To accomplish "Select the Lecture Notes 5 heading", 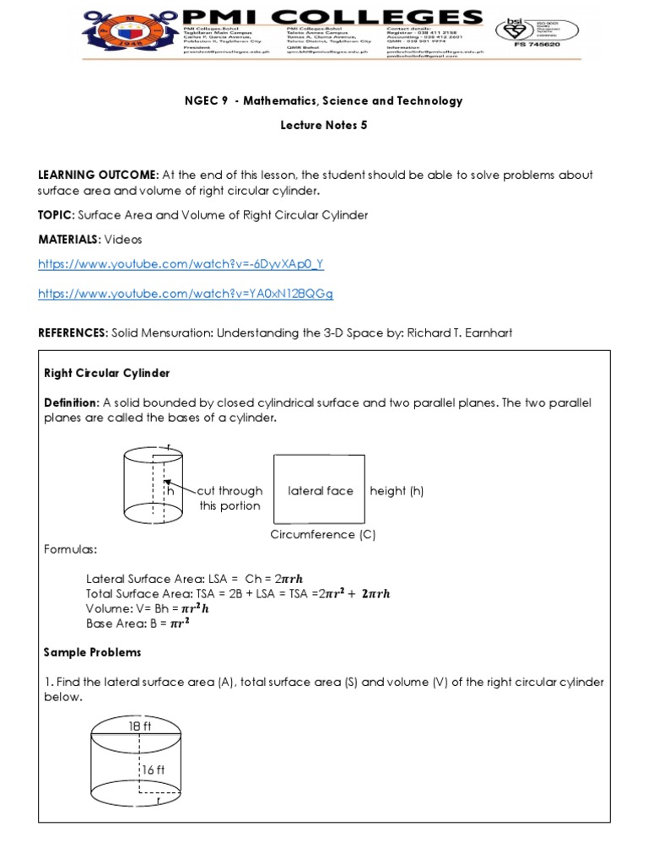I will click(324, 124).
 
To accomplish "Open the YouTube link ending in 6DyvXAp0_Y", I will click(181, 264).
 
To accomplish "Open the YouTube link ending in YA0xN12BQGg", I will click(186, 294).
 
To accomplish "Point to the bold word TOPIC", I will click(60, 215).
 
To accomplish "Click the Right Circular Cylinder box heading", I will click(107, 373).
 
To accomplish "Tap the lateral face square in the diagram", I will click(320, 490).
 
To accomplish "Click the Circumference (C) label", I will click(323, 535).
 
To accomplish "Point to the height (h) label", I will click(397, 491).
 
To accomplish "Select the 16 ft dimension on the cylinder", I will click(154, 769).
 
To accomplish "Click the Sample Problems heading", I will click(93, 652).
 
